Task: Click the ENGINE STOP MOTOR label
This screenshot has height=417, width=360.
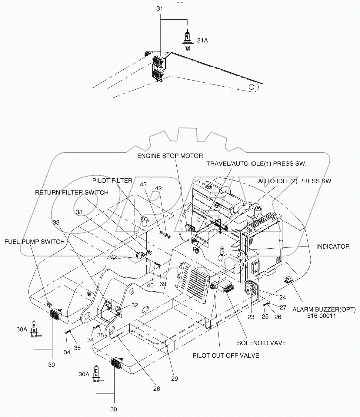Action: (x=170, y=156)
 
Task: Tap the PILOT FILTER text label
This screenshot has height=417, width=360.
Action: (x=112, y=181)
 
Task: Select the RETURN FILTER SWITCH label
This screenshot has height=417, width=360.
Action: (x=72, y=193)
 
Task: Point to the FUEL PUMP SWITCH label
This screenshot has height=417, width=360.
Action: (x=34, y=242)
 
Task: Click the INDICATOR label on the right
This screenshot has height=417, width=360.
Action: (x=333, y=247)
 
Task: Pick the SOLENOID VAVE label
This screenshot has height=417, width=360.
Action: (x=261, y=343)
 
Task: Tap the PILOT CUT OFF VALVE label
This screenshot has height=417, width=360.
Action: (x=226, y=355)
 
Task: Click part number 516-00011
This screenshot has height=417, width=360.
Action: (x=324, y=315)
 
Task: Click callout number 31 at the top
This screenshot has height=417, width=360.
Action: (x=160, y=9)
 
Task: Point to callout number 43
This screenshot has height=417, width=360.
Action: (x=143, y=184)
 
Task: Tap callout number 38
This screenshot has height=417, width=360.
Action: (x=79, y=212)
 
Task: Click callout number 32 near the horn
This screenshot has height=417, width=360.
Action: (x=135, y=305)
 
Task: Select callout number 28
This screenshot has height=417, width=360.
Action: (x=156, y=389)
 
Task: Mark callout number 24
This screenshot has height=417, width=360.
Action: (x=283, y=297)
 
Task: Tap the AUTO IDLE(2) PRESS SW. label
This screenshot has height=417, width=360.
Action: (x=295, y=181)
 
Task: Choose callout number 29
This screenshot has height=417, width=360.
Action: (x=175, y=379)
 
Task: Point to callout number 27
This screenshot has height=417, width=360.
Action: (x=283, y=307)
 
